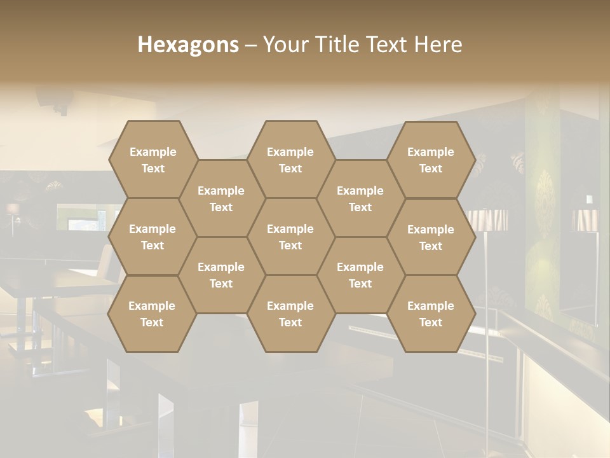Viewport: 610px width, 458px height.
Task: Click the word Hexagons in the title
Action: point(188,45)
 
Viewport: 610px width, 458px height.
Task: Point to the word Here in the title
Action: point(438,45)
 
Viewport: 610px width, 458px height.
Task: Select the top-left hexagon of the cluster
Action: point(152,160)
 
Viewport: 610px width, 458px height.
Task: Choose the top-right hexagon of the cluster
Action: point(431,160)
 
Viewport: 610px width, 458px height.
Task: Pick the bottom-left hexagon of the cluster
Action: point(152,314)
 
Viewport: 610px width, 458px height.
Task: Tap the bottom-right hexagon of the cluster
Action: point(431,314)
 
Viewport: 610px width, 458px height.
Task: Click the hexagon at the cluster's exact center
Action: point(290,237)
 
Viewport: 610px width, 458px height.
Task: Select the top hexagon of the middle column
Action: point(290,160)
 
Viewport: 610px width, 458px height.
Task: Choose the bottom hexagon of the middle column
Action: point(290,314)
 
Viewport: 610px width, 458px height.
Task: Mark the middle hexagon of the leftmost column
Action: point(152,237)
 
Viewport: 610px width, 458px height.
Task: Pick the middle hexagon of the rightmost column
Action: point(431,237)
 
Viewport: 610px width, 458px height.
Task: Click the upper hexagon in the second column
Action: point(221,198)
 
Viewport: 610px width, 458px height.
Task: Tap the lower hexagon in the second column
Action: point(221,275)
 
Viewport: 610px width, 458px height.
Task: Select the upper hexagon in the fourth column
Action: point(360,198)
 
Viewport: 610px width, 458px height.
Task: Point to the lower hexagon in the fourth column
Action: point(360,275)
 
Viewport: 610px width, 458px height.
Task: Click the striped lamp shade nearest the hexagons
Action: point(488,220)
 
